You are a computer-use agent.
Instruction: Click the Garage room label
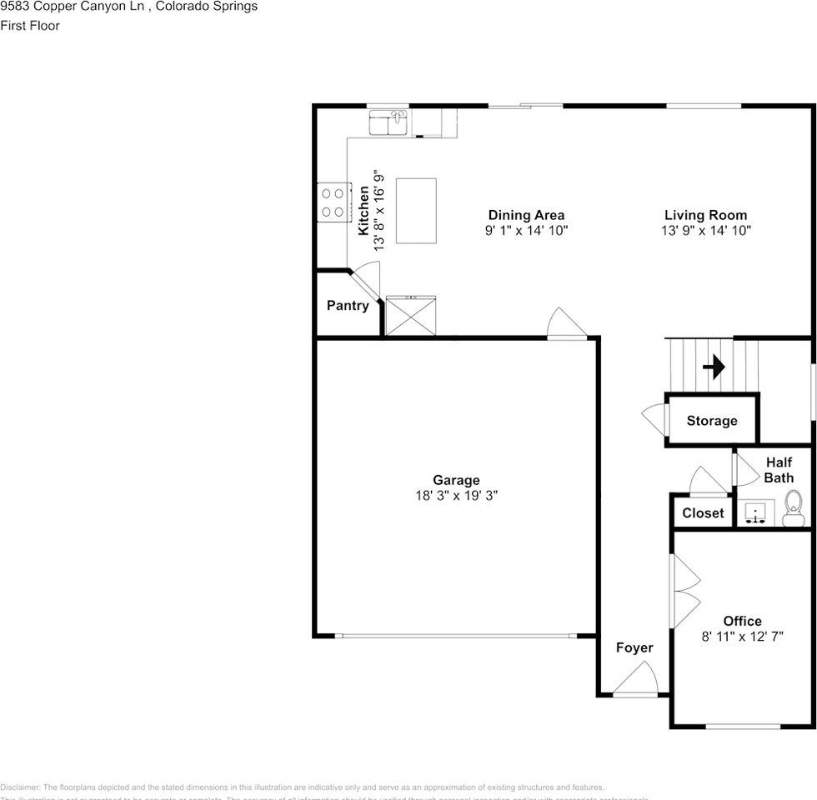click(456, 480)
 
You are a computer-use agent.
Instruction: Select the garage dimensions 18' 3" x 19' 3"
click(456, 495)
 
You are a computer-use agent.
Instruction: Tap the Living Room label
click(705, 215)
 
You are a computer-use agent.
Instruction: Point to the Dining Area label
click(526, 215)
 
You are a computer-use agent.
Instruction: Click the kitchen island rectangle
click(416, 210)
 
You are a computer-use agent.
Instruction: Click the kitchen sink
click(388, 122)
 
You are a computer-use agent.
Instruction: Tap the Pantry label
click(348, 306)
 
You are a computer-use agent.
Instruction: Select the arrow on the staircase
click(714, 367)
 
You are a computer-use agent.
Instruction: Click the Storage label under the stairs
click(712, 421)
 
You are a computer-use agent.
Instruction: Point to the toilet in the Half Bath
click(793, 504)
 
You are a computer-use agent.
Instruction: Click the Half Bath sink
click(756, 512)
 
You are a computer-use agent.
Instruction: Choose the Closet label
click(703, 512)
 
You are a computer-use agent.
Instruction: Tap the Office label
click(742, 621)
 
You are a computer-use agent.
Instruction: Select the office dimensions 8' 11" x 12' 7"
click(742, 636)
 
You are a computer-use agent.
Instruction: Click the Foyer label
click(634, 647)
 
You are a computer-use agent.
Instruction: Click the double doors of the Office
click(685, 592)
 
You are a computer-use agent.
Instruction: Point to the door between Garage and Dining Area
click(567, 325)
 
